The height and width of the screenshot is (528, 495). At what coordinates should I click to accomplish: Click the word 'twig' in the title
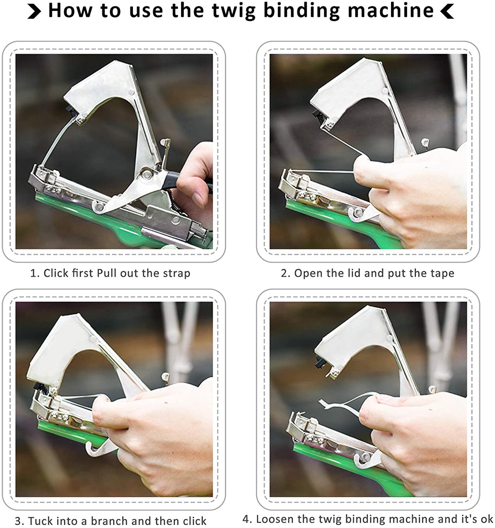coord(233,11)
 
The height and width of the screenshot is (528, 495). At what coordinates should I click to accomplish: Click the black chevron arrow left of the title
coord(34,12)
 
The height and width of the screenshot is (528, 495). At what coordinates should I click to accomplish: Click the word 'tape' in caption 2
coord(443,273)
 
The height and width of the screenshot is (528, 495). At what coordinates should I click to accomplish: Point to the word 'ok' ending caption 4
coord(487,519)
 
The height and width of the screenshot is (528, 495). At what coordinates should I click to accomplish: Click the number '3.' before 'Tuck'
coord(19,521)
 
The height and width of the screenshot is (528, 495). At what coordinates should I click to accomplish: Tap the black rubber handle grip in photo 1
coord(171,181)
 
